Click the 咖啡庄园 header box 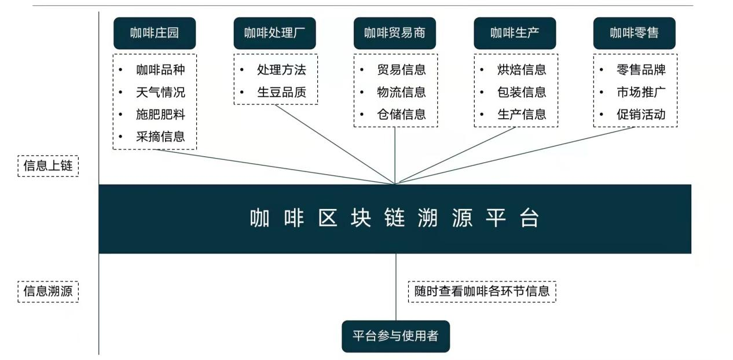pyautogui.click(x=155, y=33)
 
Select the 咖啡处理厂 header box pyautogui.click(x=274, y=33)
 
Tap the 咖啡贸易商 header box pyautogui.click(x=395, y=33)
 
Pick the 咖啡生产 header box pyautogui.click(x=515, y=33)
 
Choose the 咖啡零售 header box pyautogui.click(x=634, y=33)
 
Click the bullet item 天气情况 pyautogui.click(x=160, y=92)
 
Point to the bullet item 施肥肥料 pyautogui.click(x=160, y=115)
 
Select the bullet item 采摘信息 pyautogui.click(x=160, y=137)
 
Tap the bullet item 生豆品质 pyautogui.click(x=281, y=92)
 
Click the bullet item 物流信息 pyautogui.click(x=401, y=92)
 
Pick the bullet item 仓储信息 pyautogui.click(x=401, y=115)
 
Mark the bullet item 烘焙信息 pyautogui.click(x=522, y=69)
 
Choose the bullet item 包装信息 pyautogui.click(x=522, y=92)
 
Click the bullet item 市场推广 pyautogui.click(x=641, y=92)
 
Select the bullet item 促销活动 pyautogui.click(x=641, y=115)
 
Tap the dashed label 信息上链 pyautogui.click(x=48, y=166)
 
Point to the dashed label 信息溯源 pyautogui.click(x=48, y=291)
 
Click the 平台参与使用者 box pyautogui.click(x=395, y=336)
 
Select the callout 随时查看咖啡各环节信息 pyautogui.click(x=482, y=291)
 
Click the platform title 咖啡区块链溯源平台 pyautogui.click(x=394, y=218)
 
